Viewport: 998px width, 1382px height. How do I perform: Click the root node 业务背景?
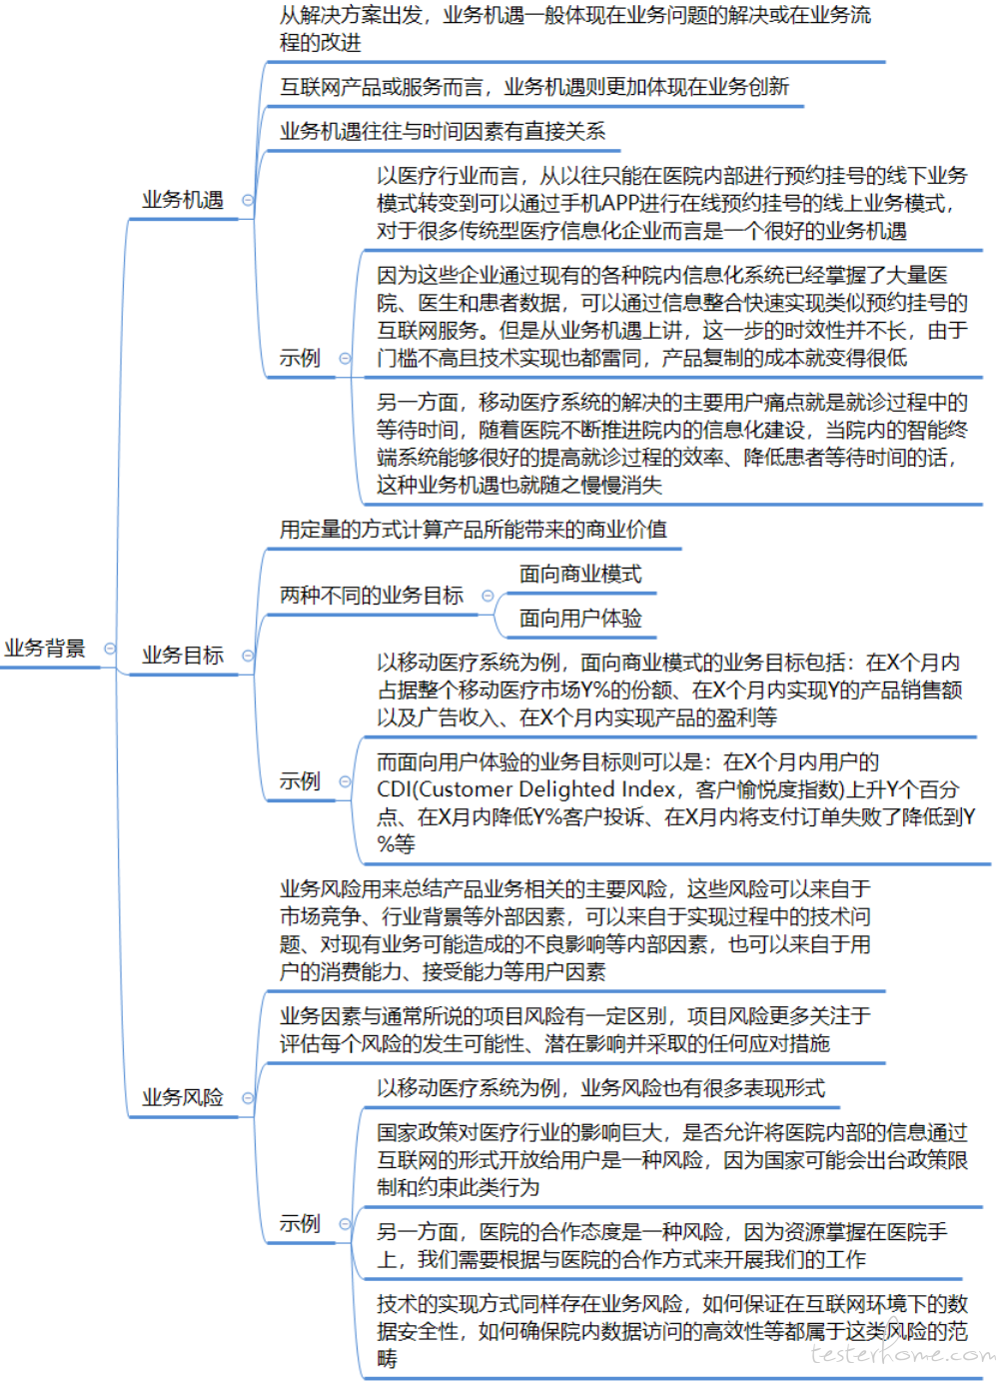44,648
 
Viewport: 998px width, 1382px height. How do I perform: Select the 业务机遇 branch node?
183,200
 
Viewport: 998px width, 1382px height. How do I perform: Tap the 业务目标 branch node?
183,656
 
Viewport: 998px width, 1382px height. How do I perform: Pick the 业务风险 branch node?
183,1097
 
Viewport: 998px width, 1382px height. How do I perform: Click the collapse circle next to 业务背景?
110,649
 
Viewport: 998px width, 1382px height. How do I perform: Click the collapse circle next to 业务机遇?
248,200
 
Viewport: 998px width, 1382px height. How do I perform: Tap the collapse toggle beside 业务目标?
248,656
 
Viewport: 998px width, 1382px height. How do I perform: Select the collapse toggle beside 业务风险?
248,1098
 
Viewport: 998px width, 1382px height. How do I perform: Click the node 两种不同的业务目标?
372,596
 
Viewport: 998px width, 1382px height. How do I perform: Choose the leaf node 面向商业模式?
580,574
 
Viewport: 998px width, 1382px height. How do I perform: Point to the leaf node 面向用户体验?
580,619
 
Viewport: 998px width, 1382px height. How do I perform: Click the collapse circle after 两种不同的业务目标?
488,596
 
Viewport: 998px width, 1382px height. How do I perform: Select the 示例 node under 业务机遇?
300,358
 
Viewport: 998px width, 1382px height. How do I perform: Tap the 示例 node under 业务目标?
300,781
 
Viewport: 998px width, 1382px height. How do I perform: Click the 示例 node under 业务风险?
300,1223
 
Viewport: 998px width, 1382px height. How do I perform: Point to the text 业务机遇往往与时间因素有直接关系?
443,131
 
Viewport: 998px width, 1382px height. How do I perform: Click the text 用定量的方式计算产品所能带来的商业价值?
474,530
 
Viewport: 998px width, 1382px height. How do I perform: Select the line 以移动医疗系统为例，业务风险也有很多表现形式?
600,1088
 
